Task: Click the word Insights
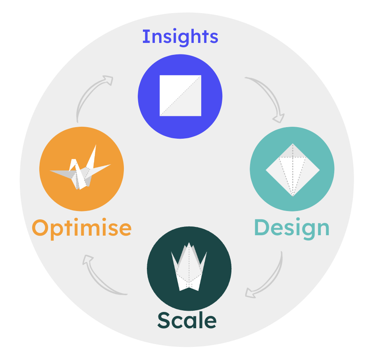(x=180, y=37)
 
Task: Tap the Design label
(x=292, y=228)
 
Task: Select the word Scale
(x=187, y=320)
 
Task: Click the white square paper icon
(x=180, y=95)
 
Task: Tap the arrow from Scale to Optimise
(x=100, y=277)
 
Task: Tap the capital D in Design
(x=262, y=228)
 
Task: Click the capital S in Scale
(x=165, y=320)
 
